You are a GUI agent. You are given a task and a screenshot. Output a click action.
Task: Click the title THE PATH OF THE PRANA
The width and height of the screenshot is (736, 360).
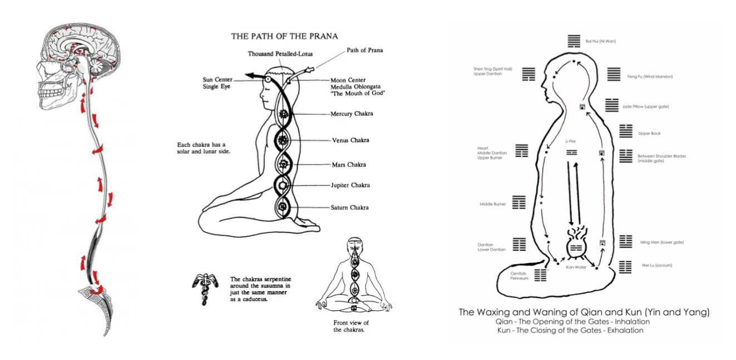pos(284,36)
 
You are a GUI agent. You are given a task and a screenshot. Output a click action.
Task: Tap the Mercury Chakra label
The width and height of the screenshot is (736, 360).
pos(352,114)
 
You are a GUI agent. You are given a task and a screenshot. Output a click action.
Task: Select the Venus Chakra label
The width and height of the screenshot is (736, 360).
pos(350,140)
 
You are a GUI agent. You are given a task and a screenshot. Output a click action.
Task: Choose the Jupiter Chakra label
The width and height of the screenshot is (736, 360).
pos(350,185)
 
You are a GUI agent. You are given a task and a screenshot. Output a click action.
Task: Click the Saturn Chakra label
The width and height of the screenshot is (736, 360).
pos(349,208)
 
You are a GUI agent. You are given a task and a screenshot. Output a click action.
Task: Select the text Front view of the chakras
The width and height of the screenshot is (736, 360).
pos(351,326)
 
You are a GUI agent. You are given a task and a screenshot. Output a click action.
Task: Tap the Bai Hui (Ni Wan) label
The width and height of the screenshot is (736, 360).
pos(600,41)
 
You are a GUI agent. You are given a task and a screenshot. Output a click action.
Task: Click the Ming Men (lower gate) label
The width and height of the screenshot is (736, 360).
pos(662,242)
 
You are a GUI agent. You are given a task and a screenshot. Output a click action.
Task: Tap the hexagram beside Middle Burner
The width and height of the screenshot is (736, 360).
pos(519,204)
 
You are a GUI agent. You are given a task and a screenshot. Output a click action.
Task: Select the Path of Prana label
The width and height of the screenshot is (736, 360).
pos(364,50)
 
